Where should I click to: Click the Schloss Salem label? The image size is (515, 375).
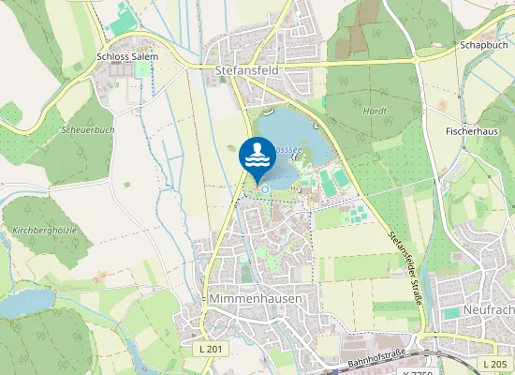click(127, 56)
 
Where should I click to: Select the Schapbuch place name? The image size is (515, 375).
click(483, 44)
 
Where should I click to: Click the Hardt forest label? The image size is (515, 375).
click(375, 110)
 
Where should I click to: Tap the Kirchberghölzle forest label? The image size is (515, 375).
click(45, 229)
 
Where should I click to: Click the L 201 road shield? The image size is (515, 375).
click(212, 349)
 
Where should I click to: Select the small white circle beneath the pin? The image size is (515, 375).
click(264, 189)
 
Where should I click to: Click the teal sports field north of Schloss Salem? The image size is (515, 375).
click(123, 17)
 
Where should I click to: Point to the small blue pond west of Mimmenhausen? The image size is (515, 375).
click(28, 301)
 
